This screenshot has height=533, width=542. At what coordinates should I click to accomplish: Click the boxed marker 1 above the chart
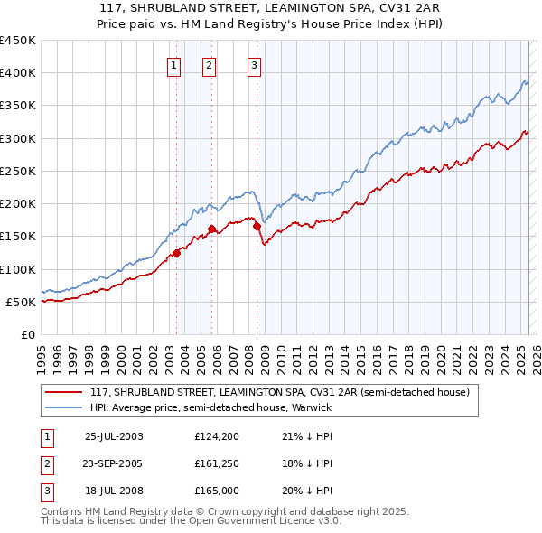pyautogui.click(x=173, y=65)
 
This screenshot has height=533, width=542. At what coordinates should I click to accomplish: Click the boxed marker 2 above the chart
pyautogui.click(x=209, y=65)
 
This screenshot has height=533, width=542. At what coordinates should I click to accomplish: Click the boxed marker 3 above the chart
pyautogui.click(x=254, y=65)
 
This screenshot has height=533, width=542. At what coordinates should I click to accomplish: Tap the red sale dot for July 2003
pyautogui.click(x=177, y=253)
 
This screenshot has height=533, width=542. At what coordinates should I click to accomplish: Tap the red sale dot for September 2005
pyautogui.click(x=212, y=229)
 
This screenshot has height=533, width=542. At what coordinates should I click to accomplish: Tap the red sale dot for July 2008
pyautogui.click(x=257, y=226)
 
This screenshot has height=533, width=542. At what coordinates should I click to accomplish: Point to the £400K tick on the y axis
pyautogui.click(x=20, y=73)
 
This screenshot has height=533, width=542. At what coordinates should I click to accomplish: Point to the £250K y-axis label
pyautogui.click(x=20, y=171)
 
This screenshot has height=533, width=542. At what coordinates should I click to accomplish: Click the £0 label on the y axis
pyautogui.click(x=28, y=334)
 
